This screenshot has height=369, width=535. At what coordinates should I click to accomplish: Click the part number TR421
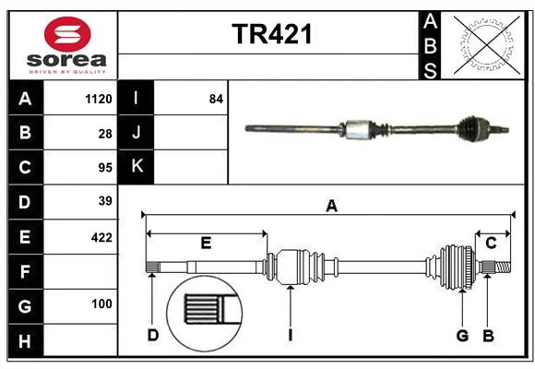[x=272, y=34]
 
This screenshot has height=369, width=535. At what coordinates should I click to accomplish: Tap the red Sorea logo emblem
[x=66, y=36]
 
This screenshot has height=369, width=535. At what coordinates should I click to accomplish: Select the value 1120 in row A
[x=98, y=99]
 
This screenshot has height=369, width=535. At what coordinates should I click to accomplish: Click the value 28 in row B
[x=104, y=134]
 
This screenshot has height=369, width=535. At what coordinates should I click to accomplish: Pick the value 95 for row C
[x=104, y=168]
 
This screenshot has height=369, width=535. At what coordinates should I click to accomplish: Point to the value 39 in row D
[x=104, y=201]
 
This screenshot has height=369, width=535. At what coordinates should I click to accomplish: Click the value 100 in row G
[x=101, y=304]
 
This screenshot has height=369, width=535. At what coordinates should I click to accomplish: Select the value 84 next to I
[x=216, y=99]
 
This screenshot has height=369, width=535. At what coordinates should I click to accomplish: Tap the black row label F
[x=25, y=270]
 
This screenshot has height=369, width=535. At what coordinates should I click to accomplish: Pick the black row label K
[x=137, y=167]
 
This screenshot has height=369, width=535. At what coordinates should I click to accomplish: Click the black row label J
[x=137, y=133]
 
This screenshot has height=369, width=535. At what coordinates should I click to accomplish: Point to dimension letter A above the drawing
[x=330, y=207]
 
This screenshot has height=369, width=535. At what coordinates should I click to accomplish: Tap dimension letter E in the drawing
[x=206, y=244]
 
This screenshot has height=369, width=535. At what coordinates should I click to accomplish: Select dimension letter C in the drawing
[x=491, y=244]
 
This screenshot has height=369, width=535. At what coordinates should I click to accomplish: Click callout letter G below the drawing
[x=462, y=335]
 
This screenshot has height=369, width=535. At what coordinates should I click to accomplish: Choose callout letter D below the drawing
[x=153, y=335]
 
